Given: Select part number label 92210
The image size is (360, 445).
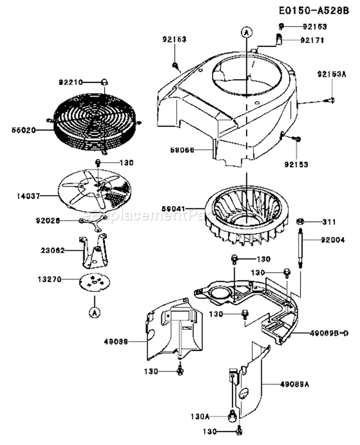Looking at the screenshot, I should click(x=71, y=83).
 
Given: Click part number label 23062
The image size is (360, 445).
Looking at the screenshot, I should click(x=51, y=250).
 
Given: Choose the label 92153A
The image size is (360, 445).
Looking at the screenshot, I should click(x=331, y=74).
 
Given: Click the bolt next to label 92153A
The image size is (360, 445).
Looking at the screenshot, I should click(x=331, y=99).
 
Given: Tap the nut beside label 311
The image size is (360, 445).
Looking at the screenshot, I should click(x=300, y=222).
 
